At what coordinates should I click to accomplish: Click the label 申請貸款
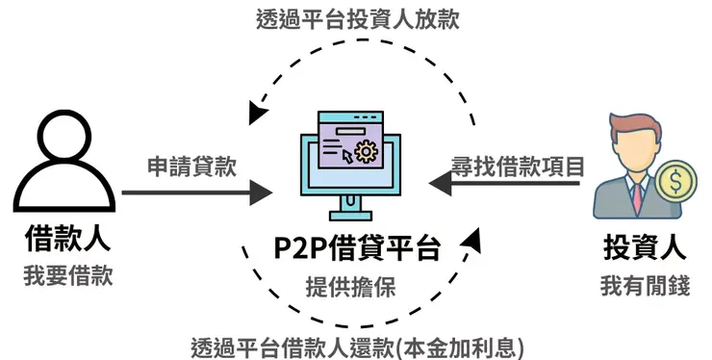point(192,167)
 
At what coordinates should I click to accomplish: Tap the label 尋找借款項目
point(519,166)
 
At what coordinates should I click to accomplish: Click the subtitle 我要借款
point(66,276)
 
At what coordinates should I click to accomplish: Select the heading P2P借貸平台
point(357,249)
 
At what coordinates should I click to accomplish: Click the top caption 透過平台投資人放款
point(356,18)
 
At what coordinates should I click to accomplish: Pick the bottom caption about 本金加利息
point(357,345)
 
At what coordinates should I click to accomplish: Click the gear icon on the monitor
point(365,150)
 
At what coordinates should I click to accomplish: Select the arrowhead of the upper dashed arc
point(256,114)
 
